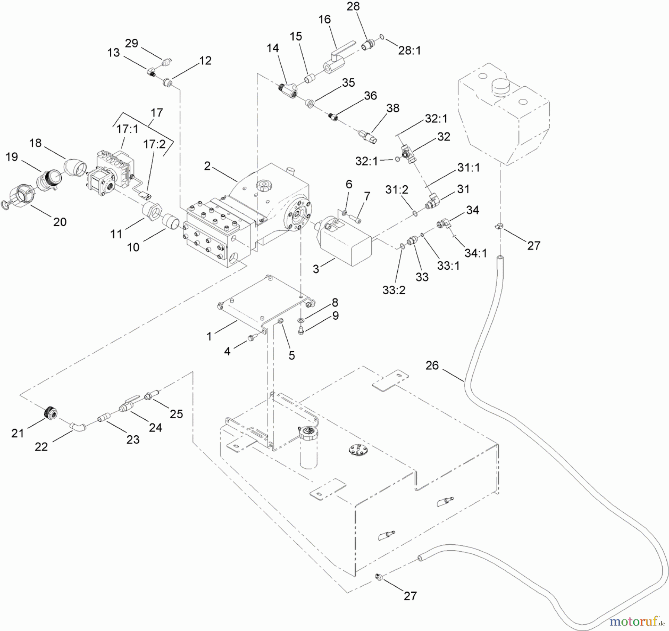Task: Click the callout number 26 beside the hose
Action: click(432, 365)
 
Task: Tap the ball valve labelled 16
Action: click(336, 60)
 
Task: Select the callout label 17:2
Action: click(154, 144)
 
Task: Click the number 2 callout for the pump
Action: click(207, 166)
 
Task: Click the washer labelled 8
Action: click(300, 320)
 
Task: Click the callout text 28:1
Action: click(409, 51)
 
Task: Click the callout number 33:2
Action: click(394, 290)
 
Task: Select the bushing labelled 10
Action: click(172, 221)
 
